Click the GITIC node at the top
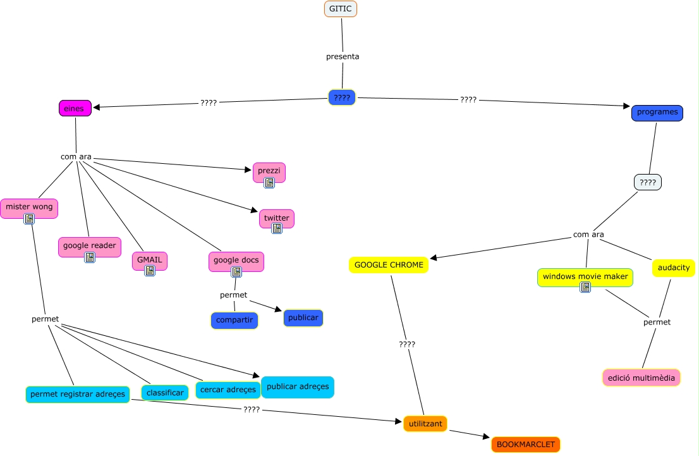[x=341, y=9]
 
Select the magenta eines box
[x=75, y=108]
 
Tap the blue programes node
[x=657, y=113]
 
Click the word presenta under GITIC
[x=343, y=57]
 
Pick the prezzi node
[x=269, y=172]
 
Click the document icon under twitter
[x=277, y=228]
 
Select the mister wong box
[x=29, y=208]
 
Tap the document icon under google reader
[x=90, y=257]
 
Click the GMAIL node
[x=150, y=261]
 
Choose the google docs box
[x=236, y=261]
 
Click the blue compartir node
[x=234, y=321]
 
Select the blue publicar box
[x=303, y=318]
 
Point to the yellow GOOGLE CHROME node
[x=389, y=265]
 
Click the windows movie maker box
[x=585, y=277]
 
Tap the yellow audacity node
[x=674, y=268]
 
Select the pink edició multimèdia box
[x=641, y=378]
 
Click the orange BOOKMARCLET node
[x=526, y=445]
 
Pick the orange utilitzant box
[x=425, y=424]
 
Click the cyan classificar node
[x=165, y=393]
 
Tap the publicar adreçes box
[x=298, y=387]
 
